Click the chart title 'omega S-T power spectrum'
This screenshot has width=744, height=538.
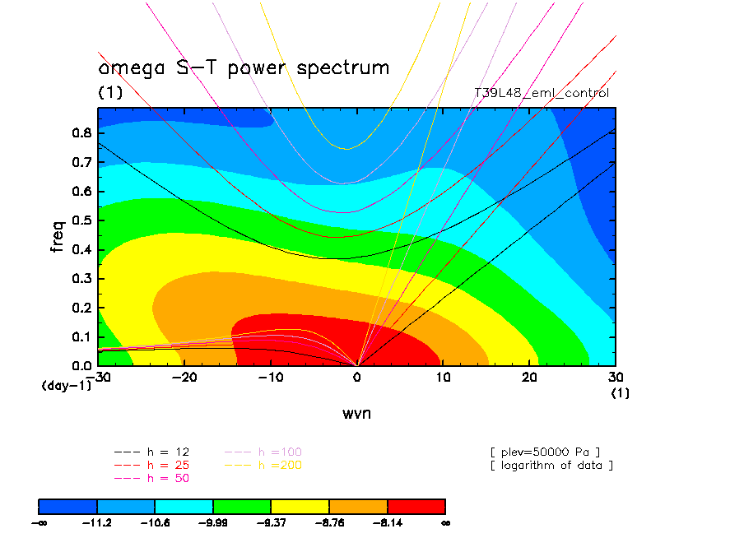pyautogui.click(x=244, y=68)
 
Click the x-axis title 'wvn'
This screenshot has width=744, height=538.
pyautogui.click(x=356, y=413)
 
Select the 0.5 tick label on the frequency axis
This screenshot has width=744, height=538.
pyautogui.click(x=80, y=220)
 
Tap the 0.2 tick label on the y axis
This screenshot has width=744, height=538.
pyautogui.click(x=80, y=308)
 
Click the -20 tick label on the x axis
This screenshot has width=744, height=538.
pyautogui.click(x=185, y=377)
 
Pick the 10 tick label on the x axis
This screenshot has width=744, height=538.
pyautogui.click(x=444, y=377)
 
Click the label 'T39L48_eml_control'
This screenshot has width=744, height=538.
pyautogui.click(x=542, y=93)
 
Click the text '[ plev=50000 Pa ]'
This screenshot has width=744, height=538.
pyautogui.click(x=545, y=452)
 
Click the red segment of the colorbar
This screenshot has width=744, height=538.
pyautogui.click(x=416, y=505)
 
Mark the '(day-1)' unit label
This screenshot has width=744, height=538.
pyautogui.click(x=66, y=385)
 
